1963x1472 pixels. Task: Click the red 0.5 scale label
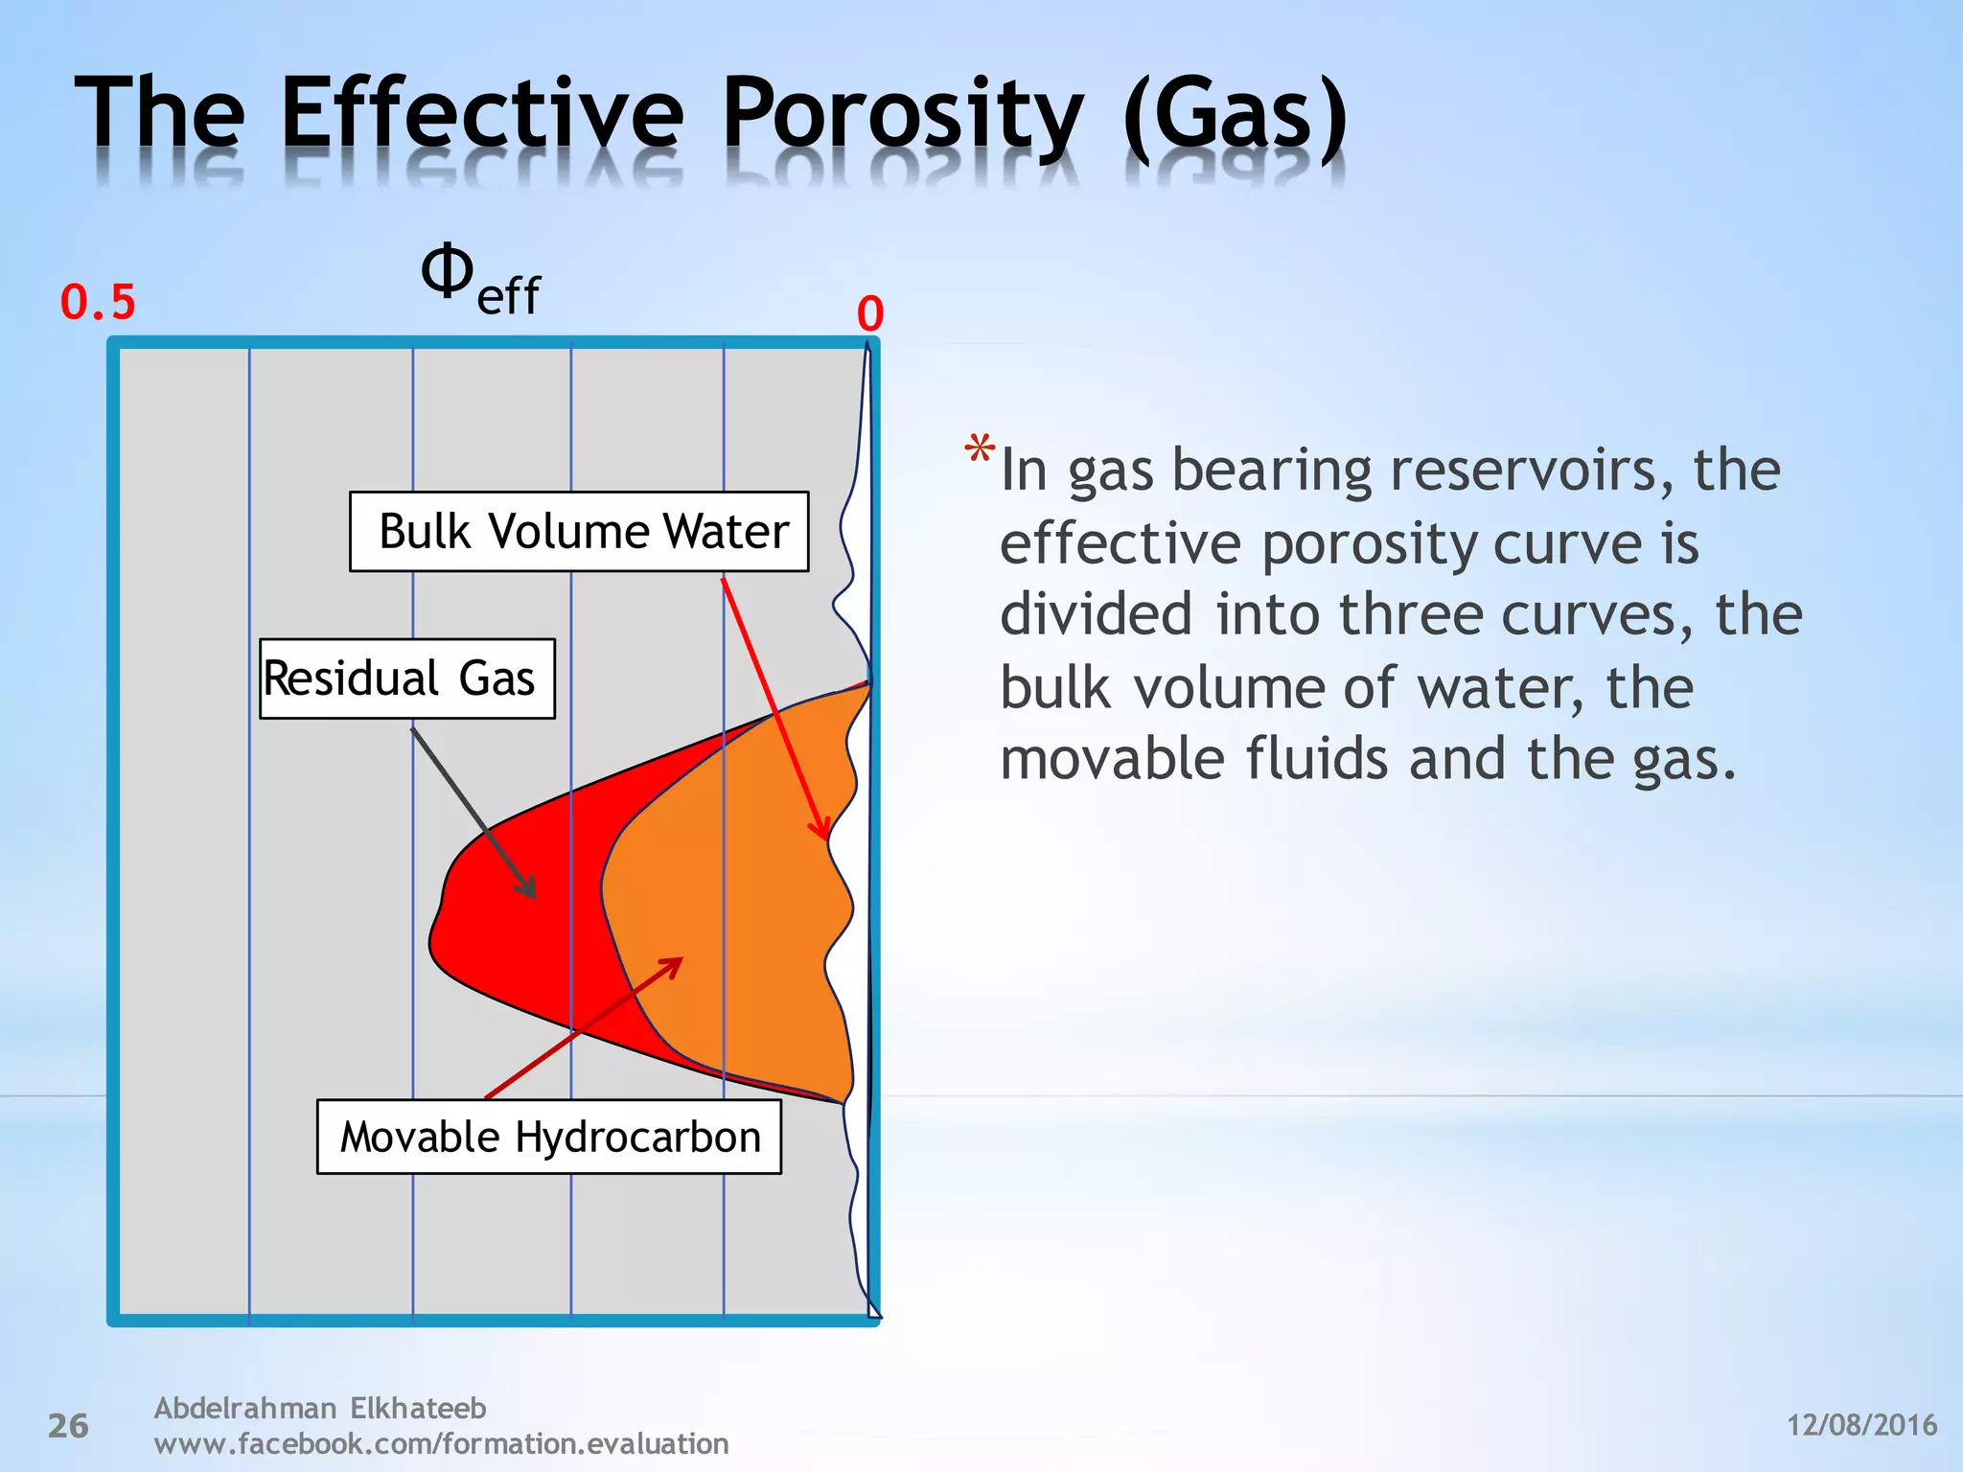(x=98, y=303)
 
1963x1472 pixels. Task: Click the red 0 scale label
(x=869, y=314)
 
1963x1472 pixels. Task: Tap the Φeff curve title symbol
(x=479, y=279)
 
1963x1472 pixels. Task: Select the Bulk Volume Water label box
(x=579, y=532)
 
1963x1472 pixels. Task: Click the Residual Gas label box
(x=406, y=678)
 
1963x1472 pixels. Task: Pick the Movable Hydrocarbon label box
(x=549, y=1138)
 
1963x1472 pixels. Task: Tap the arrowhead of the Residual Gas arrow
(x=529, y=891)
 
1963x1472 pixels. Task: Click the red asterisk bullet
(x=980, y=448)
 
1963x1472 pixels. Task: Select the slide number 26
(x=68, y=1426)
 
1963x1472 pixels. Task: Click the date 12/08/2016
(x=1861, y=1425)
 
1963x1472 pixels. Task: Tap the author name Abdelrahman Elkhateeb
(x=320, y=1408)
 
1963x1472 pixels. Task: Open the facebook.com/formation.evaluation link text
(x=441, y=1443)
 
